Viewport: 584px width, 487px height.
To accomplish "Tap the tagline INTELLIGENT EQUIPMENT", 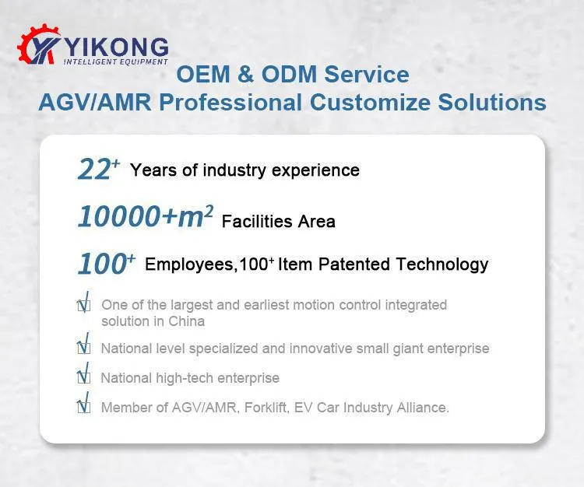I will click(115, 61).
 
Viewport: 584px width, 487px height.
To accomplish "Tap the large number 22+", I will click(98, 169).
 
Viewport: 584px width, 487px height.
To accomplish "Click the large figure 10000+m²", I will click(145, 217).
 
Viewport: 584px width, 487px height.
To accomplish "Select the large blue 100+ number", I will click(106, 265).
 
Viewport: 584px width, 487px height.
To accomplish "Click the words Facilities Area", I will click(278, 222).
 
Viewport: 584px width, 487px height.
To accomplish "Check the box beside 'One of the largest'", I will click(84, 306).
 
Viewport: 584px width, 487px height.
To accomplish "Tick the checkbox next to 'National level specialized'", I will click(84, 348).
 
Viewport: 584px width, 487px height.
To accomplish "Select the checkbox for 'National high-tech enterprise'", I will click(84, 377).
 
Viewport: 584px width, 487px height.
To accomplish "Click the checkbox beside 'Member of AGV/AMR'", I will click(84, 406).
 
